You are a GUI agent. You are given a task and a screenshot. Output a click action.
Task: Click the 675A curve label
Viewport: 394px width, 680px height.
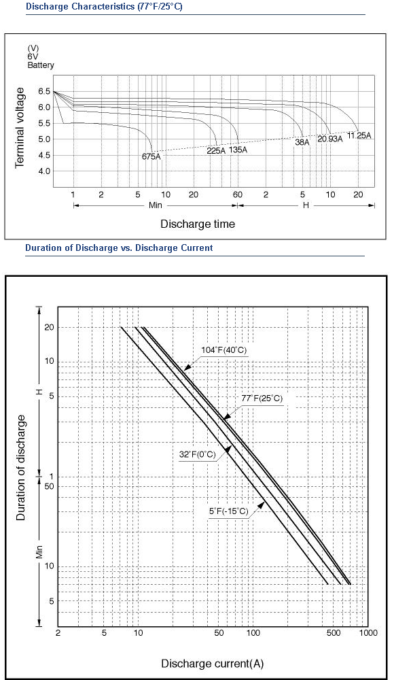pyautogui.click(x=151, y=156)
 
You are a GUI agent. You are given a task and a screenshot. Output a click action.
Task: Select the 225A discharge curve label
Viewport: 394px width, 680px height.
pyautogui.click(x=216, y=150)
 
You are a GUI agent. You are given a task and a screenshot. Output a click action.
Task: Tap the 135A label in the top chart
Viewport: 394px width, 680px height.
pyautogui.click(x=238, y=150)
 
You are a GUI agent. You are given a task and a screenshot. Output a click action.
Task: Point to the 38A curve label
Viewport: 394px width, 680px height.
pyautogui.click(x=302, y=142)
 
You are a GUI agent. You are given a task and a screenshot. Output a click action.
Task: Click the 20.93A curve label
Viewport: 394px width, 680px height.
pyautogui.click(x=330, y=139)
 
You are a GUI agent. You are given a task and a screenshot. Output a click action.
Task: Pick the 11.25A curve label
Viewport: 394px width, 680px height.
pyautogui.click(x=359, y=135)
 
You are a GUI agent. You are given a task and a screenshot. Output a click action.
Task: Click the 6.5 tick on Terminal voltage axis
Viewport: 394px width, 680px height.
pyautogui.click(x=45, y=92)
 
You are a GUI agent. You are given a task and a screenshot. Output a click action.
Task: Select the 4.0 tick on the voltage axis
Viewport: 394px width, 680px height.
pyautogui.click(x=45, y=171)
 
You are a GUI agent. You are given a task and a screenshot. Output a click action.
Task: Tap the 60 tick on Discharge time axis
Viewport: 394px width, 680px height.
pyautogui.click(x=238, y=194)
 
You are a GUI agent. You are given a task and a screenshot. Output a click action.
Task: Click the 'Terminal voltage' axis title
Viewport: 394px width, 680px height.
pyautogui.click(x=20, y=128)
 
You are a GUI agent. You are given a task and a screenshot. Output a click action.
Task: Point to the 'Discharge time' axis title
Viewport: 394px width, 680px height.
pyautogui.click(x=198, y=224)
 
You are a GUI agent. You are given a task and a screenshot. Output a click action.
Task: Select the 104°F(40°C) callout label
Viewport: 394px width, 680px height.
pyautogui.click(x=224, y=350)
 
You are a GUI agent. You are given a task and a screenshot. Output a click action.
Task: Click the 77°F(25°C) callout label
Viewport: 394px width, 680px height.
pyautogui.click(x=262, y=398)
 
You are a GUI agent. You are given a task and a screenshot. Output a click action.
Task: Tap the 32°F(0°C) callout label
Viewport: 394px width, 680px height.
pyautogui.click(x=197, y=454)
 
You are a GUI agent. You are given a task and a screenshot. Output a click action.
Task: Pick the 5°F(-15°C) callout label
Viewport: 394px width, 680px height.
pyautogui.click(x=229, y=511)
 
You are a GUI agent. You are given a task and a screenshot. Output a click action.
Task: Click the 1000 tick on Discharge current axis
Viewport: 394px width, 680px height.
pyautogui.click(x=368, y=633)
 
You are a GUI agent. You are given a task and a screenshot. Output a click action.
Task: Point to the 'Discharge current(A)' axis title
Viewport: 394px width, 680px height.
pyautogui.click(x=213, y=663)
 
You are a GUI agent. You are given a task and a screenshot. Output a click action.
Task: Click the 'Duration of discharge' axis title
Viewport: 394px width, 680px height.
pyautogui.click(x=20, y=468)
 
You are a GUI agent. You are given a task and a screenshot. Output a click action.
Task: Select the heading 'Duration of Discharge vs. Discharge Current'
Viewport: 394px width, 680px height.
pyautogui.click(x=119, y=248)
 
